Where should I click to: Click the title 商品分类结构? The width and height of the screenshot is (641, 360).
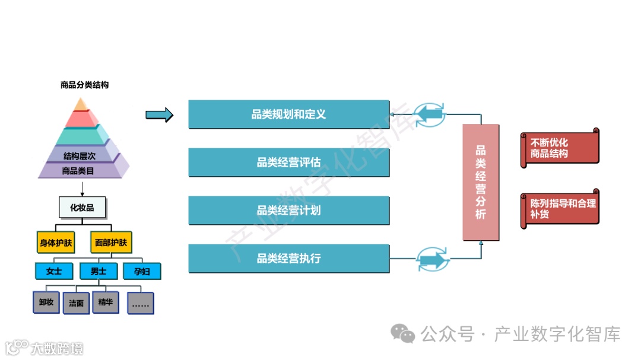tap(84, 85)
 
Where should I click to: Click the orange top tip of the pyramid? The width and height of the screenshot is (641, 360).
tap(81, 105)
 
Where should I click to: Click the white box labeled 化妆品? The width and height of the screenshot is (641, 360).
tap(82, 208)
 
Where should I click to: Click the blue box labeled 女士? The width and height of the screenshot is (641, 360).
tap(55, 271)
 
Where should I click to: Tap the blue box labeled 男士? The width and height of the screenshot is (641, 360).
tap(99, 271)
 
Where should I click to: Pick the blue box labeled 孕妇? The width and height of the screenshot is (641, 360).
tap(142, 271)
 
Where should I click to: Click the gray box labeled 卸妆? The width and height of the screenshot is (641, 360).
tap(46, 302)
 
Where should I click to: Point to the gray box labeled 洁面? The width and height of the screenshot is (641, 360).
tap(76, 303)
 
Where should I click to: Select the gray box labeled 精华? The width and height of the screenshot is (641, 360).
tap(106, 302)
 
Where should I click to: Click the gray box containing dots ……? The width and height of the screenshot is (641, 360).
tap(140, 303)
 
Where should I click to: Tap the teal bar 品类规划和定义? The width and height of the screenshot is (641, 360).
tap(288, 114)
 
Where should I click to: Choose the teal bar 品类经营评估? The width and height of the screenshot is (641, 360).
tap(288, 162)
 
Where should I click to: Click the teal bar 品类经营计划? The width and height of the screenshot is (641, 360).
tap(288, 210)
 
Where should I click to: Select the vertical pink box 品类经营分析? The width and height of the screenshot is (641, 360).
tap(481, 182)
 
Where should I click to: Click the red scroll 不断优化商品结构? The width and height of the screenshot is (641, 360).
tap(559, 148)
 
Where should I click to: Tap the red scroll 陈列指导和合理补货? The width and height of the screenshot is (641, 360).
tap(559, 208)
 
